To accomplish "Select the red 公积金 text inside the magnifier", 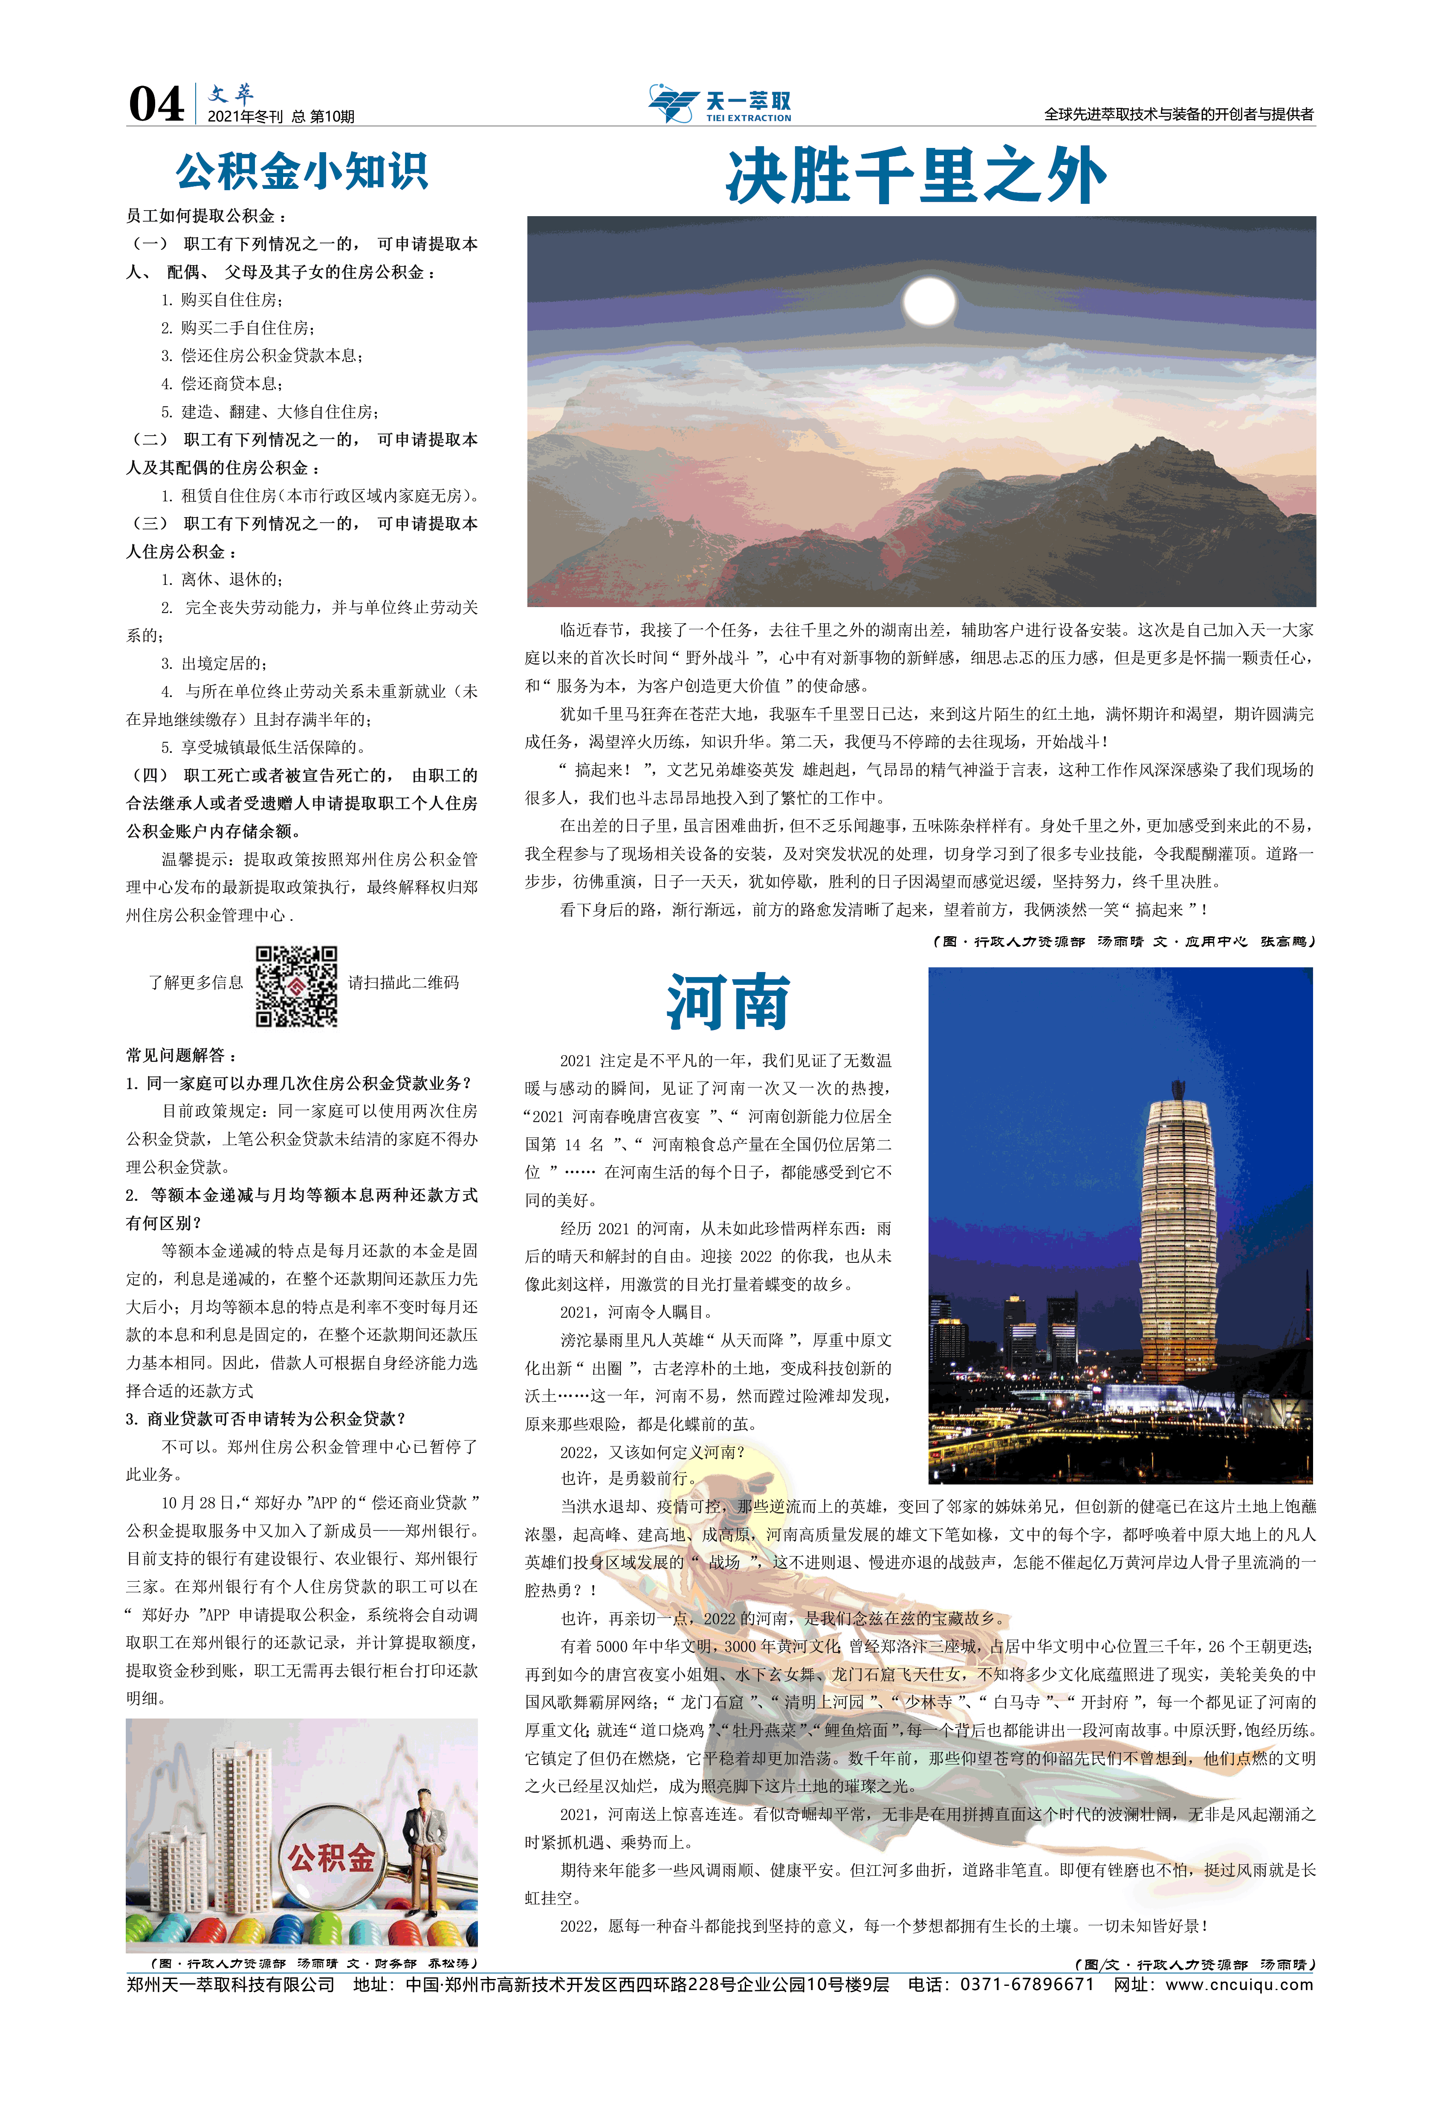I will click(331, 1857).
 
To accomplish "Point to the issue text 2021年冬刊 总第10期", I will click(280, 116).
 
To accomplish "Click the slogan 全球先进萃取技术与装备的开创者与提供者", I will click(1178, 115).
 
